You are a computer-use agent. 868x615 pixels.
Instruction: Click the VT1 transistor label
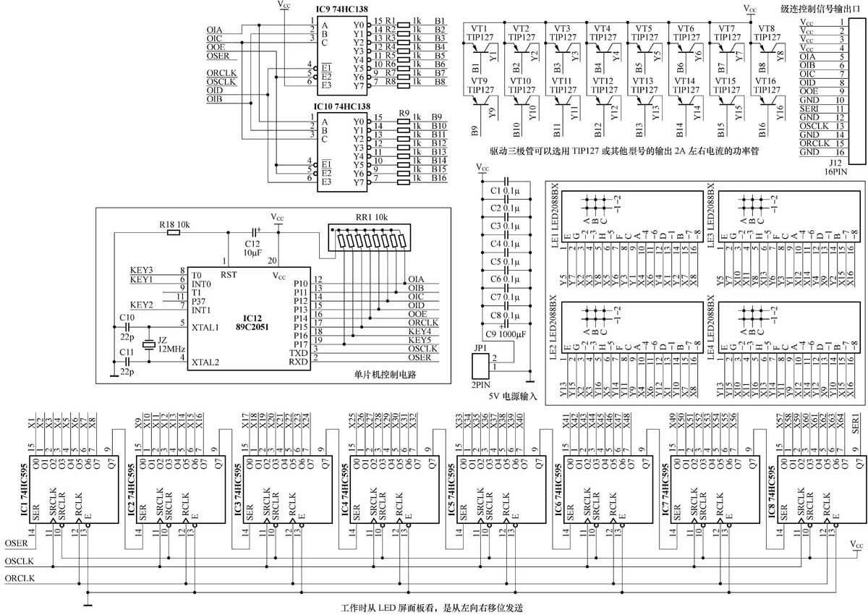pos(479,28)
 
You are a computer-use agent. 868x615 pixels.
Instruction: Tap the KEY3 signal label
pos(142,270)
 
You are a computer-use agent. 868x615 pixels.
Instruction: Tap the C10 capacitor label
pos(127,317)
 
